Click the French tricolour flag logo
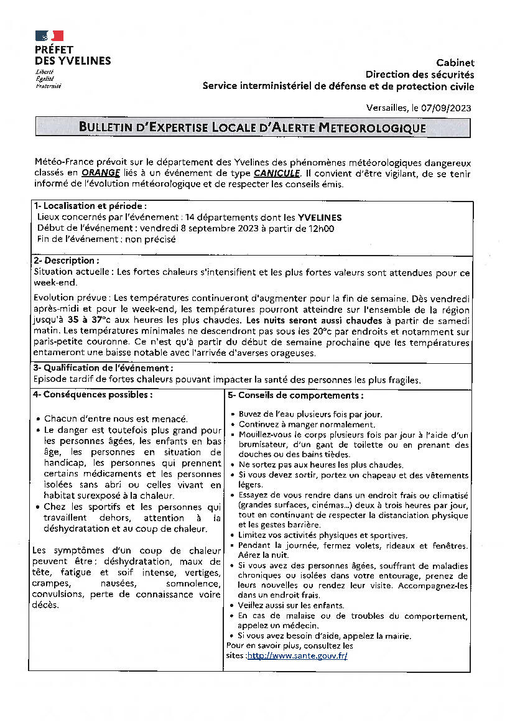pyautogui.click(x=49, y=36)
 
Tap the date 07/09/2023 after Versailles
pyautogui.click(x=446, y=108)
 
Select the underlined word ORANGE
pyautogui.click(x=100, y=174)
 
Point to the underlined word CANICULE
pyautogui.click(x=277, y=174)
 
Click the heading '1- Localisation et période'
pyautogui.click(x=90, y=206)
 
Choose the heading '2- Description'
pyautogui.click(x=65, y=261)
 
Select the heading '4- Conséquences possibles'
pyautogui.click(x=92, y=395)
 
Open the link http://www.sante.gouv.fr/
pyautogui.click(x=297, y=656)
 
